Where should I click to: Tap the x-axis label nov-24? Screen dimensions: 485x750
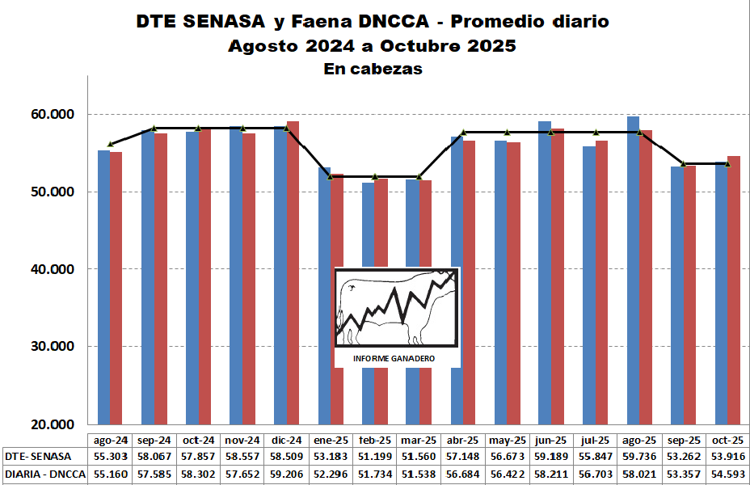point(242,440)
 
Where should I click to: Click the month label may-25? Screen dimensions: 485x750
point(507,440)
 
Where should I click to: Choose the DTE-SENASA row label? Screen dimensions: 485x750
point(38,457)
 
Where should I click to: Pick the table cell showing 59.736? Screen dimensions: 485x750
point(639,457)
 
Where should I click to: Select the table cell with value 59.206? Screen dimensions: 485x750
point(286,474)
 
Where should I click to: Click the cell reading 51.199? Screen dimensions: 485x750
point(374,457)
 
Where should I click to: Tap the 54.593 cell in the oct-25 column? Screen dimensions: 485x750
point(727,474)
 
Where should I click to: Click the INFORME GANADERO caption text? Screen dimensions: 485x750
point(394,358)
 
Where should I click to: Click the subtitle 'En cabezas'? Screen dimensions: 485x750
point(373,70)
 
